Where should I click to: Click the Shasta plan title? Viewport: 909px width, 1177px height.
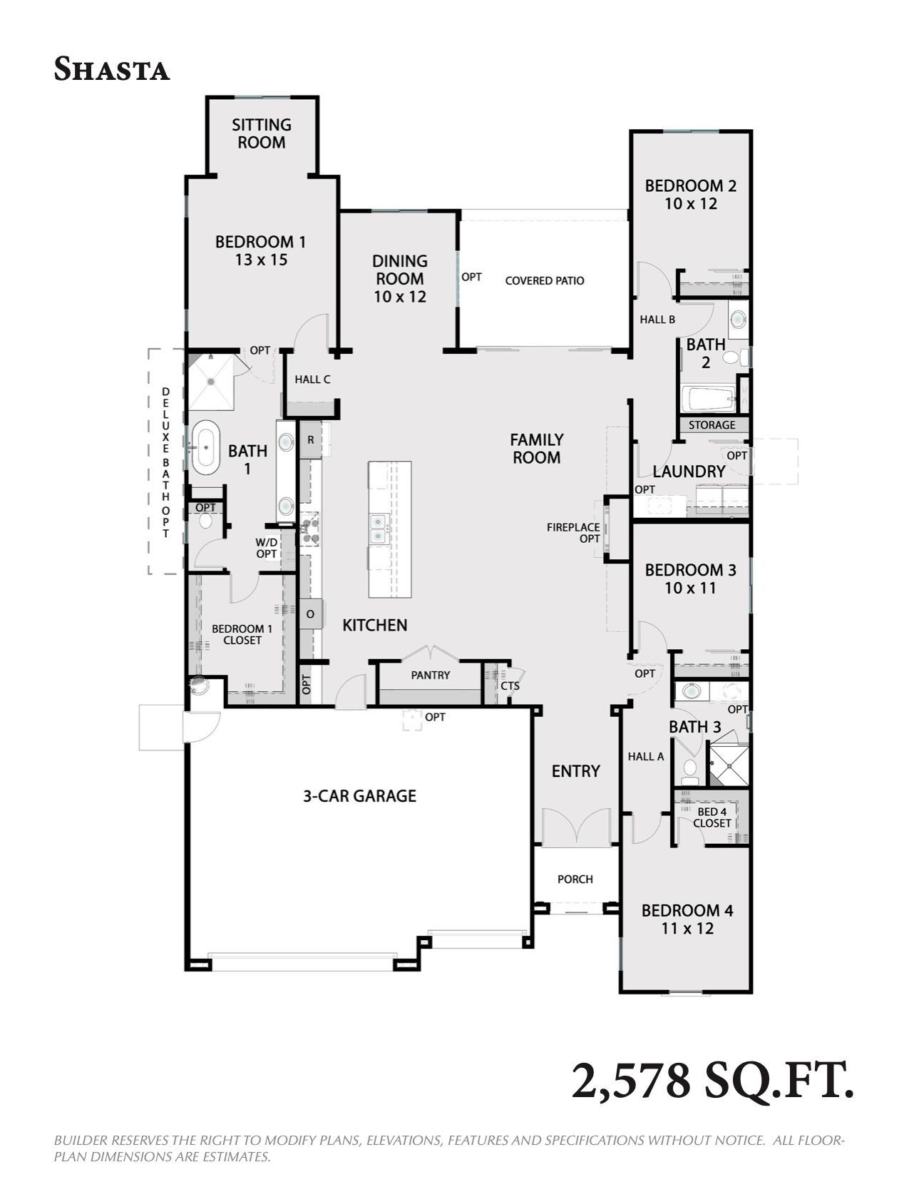tap(112, 69)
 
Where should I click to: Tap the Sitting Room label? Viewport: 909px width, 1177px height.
tap(262, 134)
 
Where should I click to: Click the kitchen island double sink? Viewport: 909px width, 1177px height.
tap(379, 529)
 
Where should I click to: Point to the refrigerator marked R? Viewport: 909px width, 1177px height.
tap(311, 440)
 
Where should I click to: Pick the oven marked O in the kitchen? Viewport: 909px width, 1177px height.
tap(311, 614)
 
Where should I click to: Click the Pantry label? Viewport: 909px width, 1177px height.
tap(431, 675)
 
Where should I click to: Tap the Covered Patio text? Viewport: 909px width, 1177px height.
tap(545, 280)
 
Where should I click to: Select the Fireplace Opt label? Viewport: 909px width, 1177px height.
tap(573, 532)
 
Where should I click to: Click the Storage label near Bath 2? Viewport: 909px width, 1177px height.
tap(712, 425)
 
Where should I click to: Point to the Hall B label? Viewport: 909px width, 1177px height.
tap(657, 320)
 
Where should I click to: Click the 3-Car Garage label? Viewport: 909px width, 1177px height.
tap(359, 795)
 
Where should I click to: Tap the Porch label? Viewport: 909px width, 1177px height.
tap(575, 879)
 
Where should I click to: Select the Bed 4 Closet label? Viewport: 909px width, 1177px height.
tap(712, 817)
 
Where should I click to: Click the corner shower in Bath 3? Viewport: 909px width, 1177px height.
tap(729, 766)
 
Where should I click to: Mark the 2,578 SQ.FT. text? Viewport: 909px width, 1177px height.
tap(712, 1081)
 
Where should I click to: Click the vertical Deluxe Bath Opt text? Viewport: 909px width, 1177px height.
tap(165, 463)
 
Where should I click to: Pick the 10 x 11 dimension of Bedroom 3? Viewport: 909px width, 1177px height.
tap(690, 588)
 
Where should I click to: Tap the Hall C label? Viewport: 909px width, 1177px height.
tap(312, 379)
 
